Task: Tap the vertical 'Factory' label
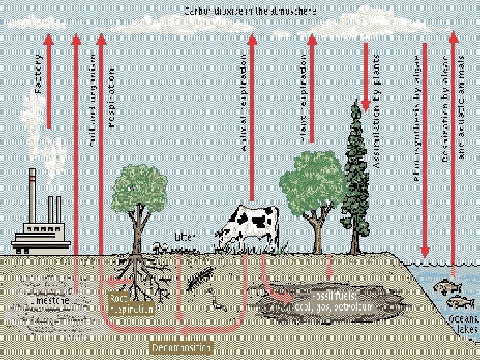click(38, 74)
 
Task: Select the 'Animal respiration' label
click(244, 103)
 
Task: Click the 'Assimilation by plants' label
click(376, 111)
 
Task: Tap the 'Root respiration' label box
click(131, 305)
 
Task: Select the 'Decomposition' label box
click(182, 347)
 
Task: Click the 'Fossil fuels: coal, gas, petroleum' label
click(334, 301)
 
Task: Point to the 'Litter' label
click(185, 237)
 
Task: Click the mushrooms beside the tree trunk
click(160, 246)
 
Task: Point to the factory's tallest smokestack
click(32, 196)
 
